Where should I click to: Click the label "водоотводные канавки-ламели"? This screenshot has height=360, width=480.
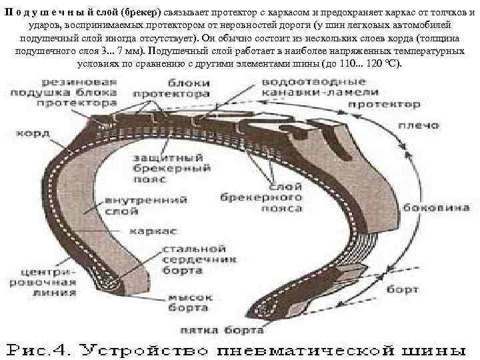[x=321, y=87]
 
